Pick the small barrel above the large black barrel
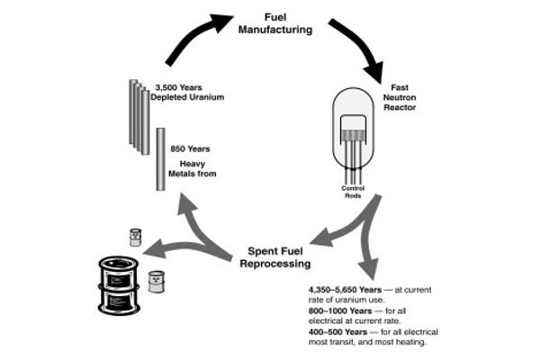click(136, 237)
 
